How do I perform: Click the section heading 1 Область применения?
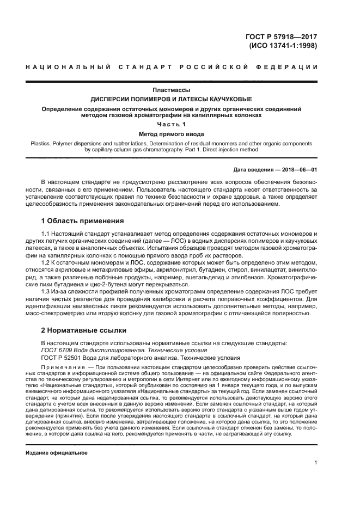click(x=82, y=221)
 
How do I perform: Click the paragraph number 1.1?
click(x=46, y=234)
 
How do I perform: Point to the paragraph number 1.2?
click(x=46, y=262)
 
